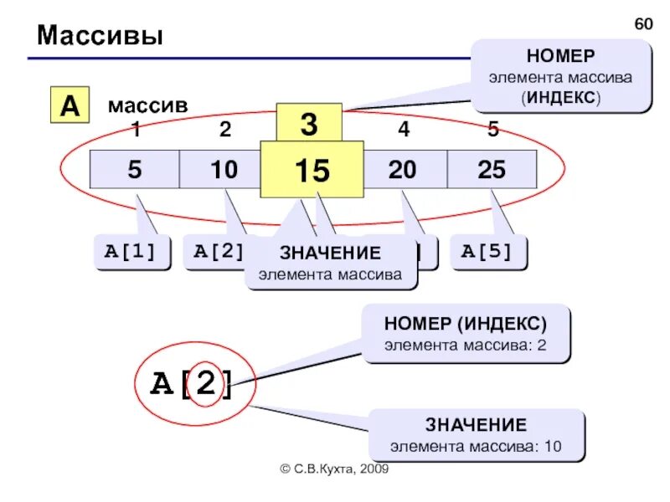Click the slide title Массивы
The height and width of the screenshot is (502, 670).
click(x=100, y=36)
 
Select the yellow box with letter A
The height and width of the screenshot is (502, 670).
click(x=70, y=105)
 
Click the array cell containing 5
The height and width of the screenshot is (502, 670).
click(x=135, y=170)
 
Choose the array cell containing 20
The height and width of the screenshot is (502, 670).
click(x=403, y=170)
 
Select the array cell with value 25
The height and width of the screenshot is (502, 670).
click(x=492, y=170)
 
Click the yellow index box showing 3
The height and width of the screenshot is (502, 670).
click(x=309, y=124)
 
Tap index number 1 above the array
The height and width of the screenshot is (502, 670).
click(x=135, y=130)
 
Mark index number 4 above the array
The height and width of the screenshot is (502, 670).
click(x=404, y=130)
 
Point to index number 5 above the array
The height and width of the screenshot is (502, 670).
click(x=492, y=130)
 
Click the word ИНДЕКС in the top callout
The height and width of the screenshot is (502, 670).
click(x=560, y=97)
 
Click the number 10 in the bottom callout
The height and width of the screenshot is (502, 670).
click(x=552, y=445)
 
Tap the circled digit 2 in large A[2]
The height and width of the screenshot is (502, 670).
click(x=205, y=384)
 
